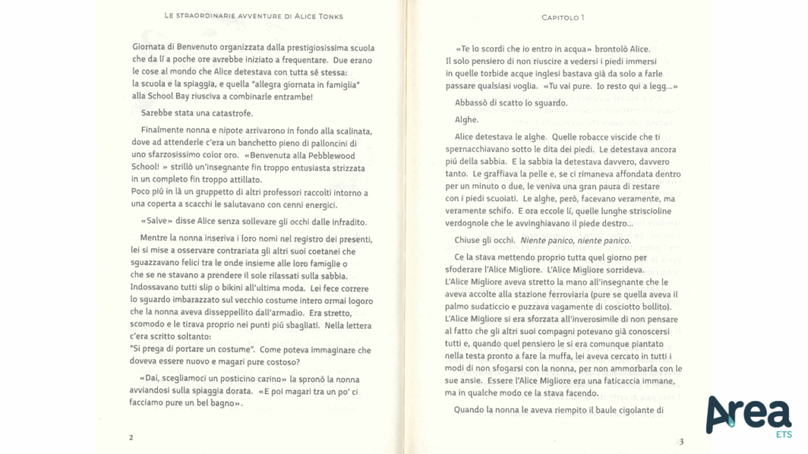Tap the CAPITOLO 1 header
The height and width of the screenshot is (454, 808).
563,17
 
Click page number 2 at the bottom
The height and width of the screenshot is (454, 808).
131,437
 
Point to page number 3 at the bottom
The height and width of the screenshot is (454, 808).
680,441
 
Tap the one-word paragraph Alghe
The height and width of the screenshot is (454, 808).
467,120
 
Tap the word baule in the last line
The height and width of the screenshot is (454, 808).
595,410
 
